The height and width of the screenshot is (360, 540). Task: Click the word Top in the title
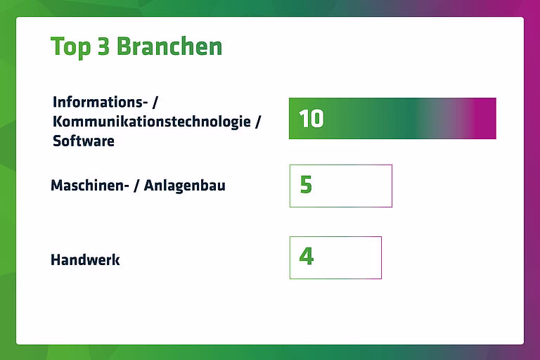coord(70,47)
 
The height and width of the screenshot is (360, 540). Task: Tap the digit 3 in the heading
coord(103,46)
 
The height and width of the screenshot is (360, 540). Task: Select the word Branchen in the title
coord(169,46)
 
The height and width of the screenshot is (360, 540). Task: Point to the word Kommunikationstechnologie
coord(152,122)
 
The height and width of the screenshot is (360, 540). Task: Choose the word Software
coord(84,141)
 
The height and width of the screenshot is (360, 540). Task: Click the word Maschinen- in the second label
coord(90,186)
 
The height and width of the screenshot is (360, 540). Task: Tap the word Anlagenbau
coord(185,186)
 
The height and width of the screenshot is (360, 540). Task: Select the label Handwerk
coord(85,259)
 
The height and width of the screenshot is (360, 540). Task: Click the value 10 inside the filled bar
coord(311,119)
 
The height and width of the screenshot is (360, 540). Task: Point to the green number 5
coord(306,185)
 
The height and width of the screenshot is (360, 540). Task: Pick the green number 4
coord(307,257)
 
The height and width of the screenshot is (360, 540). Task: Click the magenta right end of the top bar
coord(486,119)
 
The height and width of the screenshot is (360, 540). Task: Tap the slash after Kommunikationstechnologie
coord(258,122)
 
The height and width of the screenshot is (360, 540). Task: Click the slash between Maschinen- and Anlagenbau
coord(136,186)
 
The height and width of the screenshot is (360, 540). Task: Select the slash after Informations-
coord(155,102)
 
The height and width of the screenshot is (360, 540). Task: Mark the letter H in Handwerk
coord(56,259)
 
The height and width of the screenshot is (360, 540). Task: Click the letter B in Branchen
coord(123,46)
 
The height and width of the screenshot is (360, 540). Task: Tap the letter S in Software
coord(58,141)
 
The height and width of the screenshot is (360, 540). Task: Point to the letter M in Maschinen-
coord(57,186)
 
